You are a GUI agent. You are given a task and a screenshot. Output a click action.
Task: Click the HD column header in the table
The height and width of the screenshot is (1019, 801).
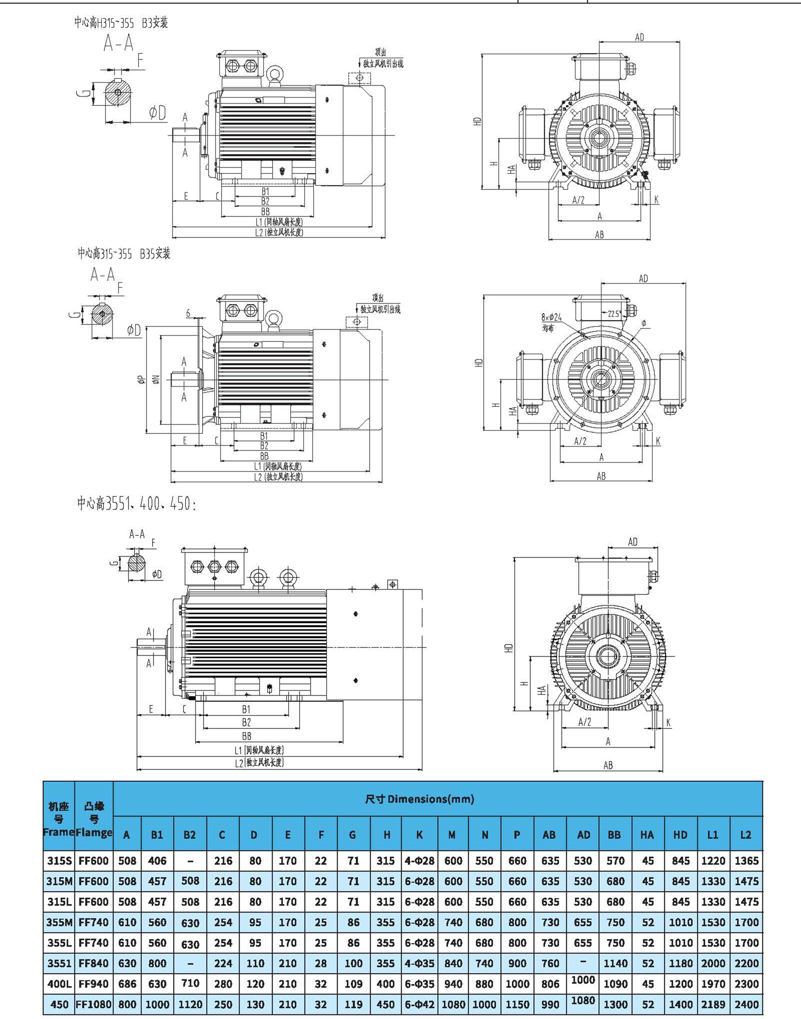tap(680, 834)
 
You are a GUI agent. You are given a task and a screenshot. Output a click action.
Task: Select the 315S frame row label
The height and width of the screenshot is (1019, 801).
tap(59, 860)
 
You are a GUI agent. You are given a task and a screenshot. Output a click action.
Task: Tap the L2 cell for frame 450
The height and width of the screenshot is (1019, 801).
tap(746, 1004)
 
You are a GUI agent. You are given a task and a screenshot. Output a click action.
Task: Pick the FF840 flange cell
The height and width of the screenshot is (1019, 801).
tap(94, 963)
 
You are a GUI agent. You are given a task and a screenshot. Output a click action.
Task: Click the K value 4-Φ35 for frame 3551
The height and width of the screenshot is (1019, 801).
tap(419, 963)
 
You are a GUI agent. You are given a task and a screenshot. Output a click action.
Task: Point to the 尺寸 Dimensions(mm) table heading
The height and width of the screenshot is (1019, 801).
tap(419, 798)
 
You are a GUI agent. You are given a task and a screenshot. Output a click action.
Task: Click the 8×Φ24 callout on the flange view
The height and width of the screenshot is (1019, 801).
tap(551, 317)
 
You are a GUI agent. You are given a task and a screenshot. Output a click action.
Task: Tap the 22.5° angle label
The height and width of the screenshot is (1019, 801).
tap(614, 313)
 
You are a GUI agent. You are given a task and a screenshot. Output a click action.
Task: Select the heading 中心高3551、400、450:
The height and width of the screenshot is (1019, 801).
tap(137, 503)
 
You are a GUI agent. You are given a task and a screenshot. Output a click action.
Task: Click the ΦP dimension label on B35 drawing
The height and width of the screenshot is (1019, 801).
tap(142, 380)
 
